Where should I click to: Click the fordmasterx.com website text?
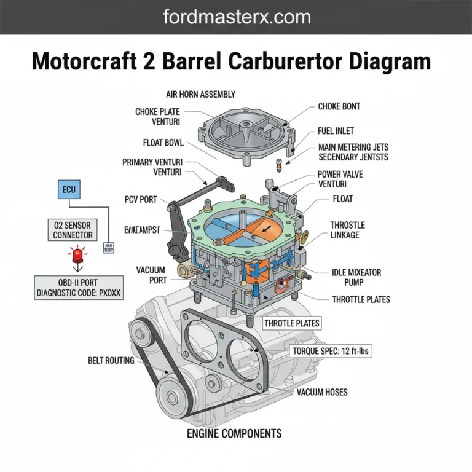[x=235, y=17]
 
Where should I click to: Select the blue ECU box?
[x=69, y=189]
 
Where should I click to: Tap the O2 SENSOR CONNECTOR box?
[x=73, y=230]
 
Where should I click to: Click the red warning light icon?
[x=77, y=255]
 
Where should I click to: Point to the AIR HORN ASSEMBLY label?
[x=200, y=94]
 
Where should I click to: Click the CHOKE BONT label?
[x=339, y=106]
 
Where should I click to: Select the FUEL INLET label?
[x=336, y=131]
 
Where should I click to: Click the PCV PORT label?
[x=141, y=200]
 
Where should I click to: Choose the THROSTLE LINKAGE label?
[x=347, y=230]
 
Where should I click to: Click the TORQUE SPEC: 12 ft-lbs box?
[x=331, y=352]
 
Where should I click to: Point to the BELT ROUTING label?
[x=111, y=360]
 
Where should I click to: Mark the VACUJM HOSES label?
[x=323, y=391]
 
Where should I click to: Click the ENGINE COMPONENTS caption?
[x=234, y=433]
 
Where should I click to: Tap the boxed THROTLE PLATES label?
[x=292, y=323]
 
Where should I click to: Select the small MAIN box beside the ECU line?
[x=109, y=247]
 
